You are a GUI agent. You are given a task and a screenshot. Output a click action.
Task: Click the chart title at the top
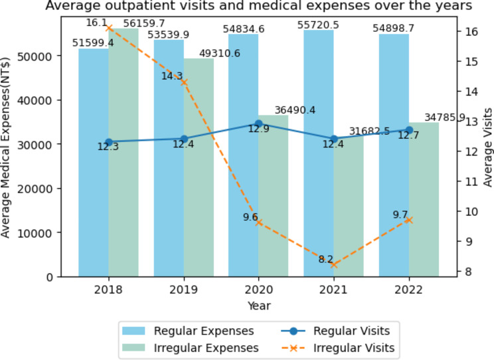pyautogui.click(x=258, y=7)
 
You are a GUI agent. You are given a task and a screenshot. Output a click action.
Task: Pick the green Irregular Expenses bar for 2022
pyautogui.click(x=424, y=199)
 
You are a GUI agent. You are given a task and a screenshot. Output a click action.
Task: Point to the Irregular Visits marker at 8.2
pyautogui.click(x=334, y=264)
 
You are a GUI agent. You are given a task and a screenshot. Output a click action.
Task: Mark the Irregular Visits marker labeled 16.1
pyautogui.click(x=109, y=28)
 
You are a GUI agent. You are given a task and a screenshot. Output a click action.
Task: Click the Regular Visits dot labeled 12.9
pyautogui.click(x=259, y=124)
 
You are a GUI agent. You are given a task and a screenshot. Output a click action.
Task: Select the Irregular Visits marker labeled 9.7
pyautogui.click(x=409, y=220)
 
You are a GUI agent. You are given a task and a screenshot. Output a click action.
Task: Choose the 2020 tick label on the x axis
pyautogui.click(x=259, y=290)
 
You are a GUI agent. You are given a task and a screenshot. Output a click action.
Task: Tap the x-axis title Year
pyautogui.click(x=258, y=306)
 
